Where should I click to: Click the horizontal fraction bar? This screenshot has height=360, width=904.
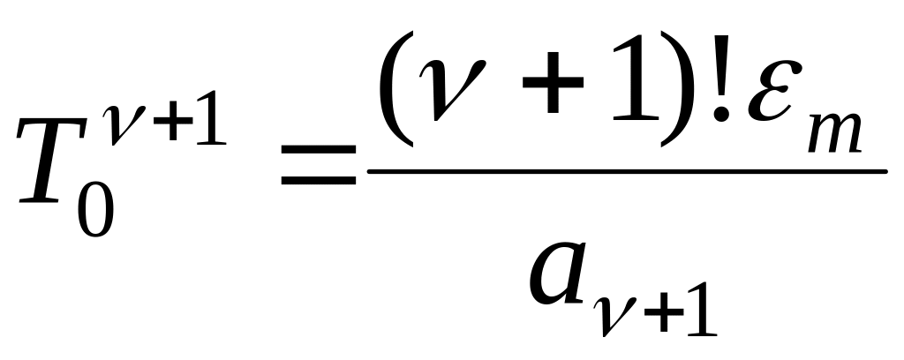(x=627, y=171)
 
